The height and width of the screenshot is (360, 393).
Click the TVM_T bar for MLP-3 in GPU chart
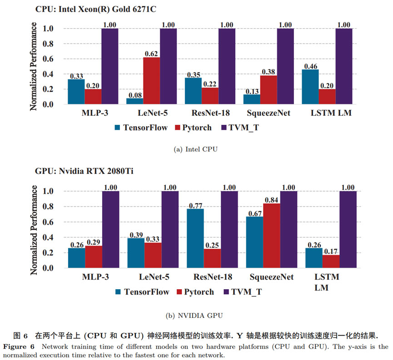110,229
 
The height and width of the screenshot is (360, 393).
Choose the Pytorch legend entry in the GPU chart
197,292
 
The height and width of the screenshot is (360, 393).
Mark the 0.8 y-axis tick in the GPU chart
51,207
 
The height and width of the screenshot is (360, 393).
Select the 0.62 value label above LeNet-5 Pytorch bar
152,53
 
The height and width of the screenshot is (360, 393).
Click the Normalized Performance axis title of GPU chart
34,229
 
